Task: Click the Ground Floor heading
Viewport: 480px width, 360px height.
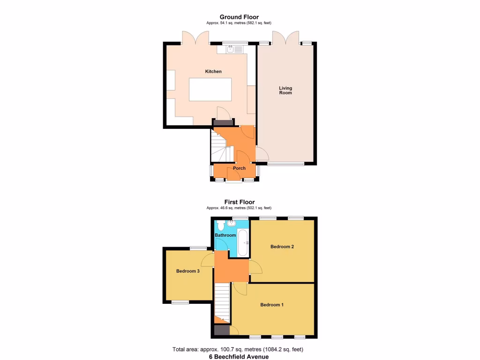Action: pyautogui.click(x=239, y=17)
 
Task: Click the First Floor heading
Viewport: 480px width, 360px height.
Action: pyautogui.click(x=239, y=202)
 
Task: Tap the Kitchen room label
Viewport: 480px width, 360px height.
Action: pyautogui.click(x=213, y=72)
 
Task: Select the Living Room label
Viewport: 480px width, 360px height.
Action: pyautogui.click(x=285, y=90)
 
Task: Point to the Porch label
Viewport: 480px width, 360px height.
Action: pyautogui.click(x=239, y=168)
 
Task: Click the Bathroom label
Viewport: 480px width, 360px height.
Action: pyautogui.click(x=225, y=235)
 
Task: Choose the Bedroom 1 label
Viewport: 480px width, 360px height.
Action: pyautogui.click(x=272, y=305)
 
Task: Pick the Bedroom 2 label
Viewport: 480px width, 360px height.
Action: pyautogui.click(x=282, y=247)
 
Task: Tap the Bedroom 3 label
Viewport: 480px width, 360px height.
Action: pyautogui.click(x=188, y=271)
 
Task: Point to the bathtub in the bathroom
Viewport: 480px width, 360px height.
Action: pyautogui.click(x=243, y=242)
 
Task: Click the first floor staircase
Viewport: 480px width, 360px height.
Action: pyautogui.click(x=222, y=302)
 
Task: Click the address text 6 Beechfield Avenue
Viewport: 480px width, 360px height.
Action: pyautogui.click(x=239, y=356)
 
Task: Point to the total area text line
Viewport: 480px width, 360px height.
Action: pyautogui.click(x=239, y=349)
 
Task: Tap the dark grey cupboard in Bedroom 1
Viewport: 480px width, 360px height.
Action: pyautogui.click(x=219, y=330)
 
